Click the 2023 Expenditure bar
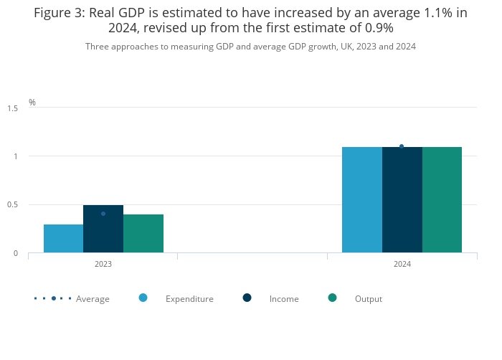pos(63,239)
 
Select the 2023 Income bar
pos(103,229)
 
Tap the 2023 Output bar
pos(143,234)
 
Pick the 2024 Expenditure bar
pos(362,200)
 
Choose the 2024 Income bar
pos(402,200)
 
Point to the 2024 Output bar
pos(442,200)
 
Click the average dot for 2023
pos(103,214)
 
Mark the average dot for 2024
pos(402,146)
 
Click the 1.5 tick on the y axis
pos(13,108)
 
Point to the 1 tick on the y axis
pos(15,156)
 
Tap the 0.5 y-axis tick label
pos(13,205)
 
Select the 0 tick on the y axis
pos(15,253)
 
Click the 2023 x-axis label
pos(103,264)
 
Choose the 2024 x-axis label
pos(402,264)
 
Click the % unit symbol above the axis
pos(32,103)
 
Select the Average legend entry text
pos(93,299)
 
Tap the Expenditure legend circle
pos(143,298)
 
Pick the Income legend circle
pos(247,298)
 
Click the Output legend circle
pos(332,298)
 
